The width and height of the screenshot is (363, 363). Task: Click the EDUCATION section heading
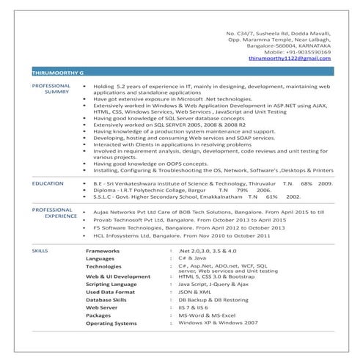(48, 183)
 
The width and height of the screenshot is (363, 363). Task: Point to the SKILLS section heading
(40, 251)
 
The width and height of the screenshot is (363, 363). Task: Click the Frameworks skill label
(103, 251)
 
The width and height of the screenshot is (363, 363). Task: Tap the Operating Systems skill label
(111, 323)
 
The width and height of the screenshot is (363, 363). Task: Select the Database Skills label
(107, 299)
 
